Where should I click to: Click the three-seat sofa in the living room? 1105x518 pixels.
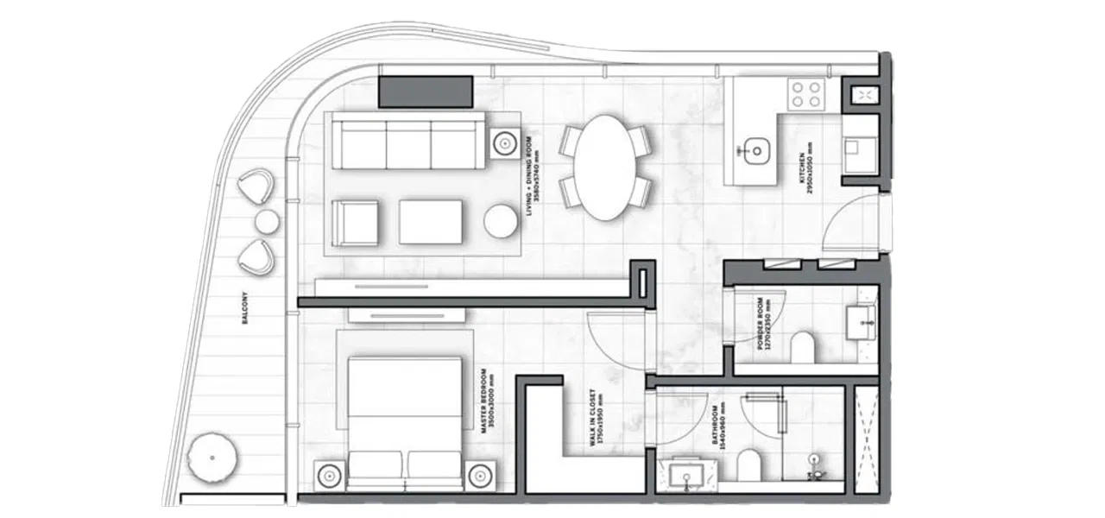[x=407, y=144]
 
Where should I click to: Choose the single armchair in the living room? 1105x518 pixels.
[x=355, y=222]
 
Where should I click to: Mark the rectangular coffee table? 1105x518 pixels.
[x=431, y=222]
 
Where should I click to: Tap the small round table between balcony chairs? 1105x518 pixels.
[x=267, y=222]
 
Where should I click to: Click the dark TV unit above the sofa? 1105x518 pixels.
[x=426, y=92]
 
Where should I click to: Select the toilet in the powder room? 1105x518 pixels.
[x=803, y=347]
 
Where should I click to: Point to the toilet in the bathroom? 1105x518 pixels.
[x=748, y=466]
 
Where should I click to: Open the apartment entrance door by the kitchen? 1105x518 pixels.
[x=855, y=223]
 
